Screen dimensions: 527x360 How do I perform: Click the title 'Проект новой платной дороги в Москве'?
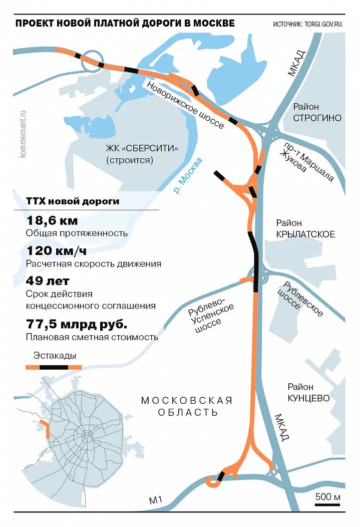(125, 24)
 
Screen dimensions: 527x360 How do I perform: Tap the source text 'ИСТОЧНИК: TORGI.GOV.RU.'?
(308, 25)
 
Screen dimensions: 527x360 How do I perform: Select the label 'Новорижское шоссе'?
(185, 106)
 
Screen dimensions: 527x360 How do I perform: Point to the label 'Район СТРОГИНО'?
(317, 113)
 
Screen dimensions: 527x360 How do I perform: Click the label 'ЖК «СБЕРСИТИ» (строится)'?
(142, 155)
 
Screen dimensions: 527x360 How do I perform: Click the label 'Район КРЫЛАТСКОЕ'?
(305, 228)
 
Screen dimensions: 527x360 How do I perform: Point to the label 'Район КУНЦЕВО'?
(308, 393)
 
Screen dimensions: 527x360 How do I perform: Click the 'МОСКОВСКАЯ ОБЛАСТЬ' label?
(187, 406)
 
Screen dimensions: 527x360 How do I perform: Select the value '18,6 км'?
(52, 221)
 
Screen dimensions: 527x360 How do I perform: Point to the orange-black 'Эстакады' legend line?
(54, 368)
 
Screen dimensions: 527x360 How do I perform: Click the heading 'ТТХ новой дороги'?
(72, 201)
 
